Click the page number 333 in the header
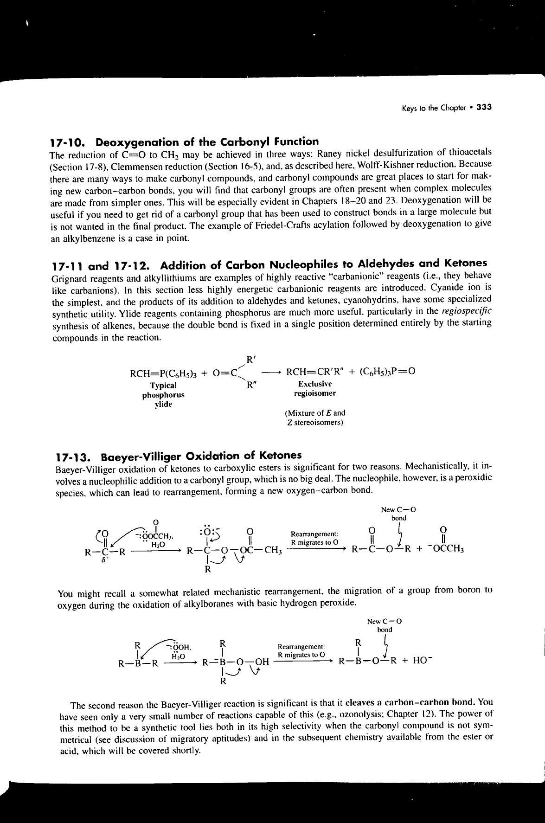coord(484,107)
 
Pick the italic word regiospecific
coord(469,310)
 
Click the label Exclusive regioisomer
coord(315,389)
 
